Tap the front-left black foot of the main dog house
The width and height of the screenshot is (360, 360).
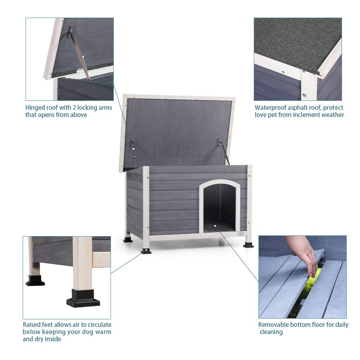point(146,250)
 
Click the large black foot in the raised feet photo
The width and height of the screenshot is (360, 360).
point(83,298)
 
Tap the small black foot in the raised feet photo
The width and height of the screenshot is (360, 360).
point(35,280)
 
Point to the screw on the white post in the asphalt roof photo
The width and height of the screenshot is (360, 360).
point(304,95)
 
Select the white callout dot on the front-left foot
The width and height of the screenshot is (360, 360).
point(146,249)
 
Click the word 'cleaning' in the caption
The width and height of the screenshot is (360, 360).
point(271,332)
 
